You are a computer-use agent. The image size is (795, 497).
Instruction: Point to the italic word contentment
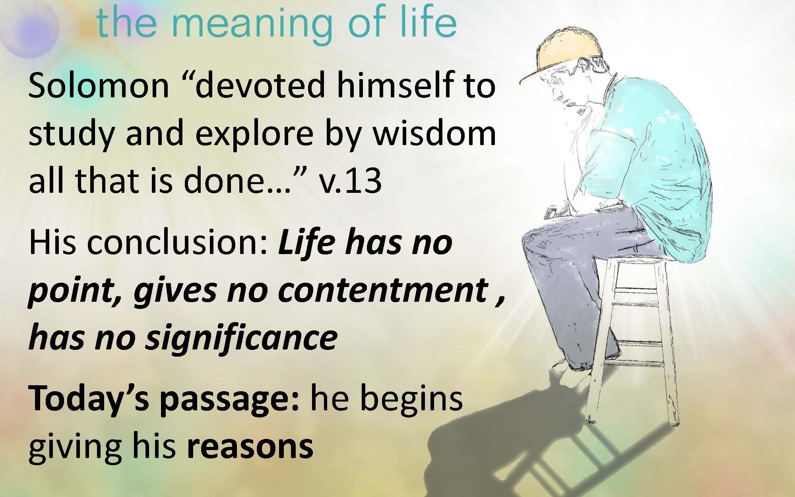383,290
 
